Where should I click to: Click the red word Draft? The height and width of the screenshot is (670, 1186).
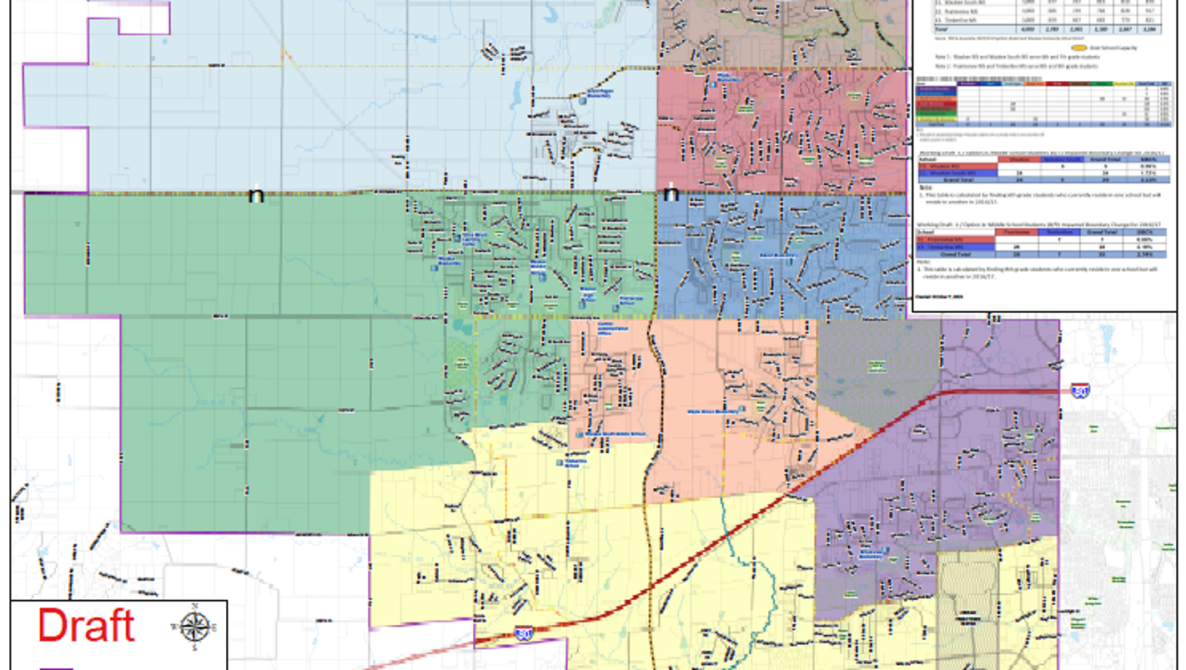tap(86, 626)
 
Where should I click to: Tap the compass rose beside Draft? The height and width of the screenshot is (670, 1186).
tap(195, 627)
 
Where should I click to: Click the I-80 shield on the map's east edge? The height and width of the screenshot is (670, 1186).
tap(1080, 390)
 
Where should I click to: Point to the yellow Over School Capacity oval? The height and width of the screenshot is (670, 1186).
tap(1078, 48)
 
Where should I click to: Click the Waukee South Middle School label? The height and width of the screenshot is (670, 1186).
tap(603, 435)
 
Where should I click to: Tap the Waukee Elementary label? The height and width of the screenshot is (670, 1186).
tap(447, 260)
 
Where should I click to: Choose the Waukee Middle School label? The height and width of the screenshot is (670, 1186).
tap(539, 267)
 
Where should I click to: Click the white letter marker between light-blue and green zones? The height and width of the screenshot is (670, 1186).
tap(256, 195)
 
